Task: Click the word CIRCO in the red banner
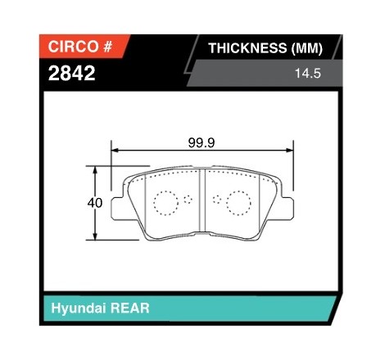coord(73,47)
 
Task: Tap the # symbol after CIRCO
coord(107,47)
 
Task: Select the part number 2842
coord(71,73)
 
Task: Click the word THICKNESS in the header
coord(247,48)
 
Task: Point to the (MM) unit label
coord(307,48)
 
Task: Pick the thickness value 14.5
coord(308,74)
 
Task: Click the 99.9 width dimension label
coord(202,142)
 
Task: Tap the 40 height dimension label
coord(95,203)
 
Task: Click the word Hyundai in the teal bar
coord(79,308)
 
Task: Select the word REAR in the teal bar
coord(129,308)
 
